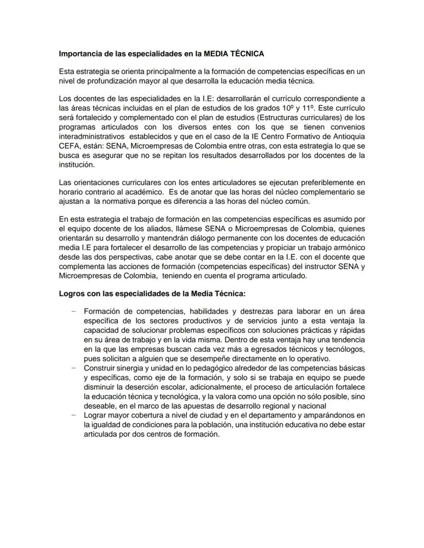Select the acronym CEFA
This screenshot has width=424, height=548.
tap(69, 146)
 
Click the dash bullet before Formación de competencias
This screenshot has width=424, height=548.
tap(74, 311)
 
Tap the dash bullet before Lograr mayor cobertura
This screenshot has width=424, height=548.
tap(74, 415)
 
